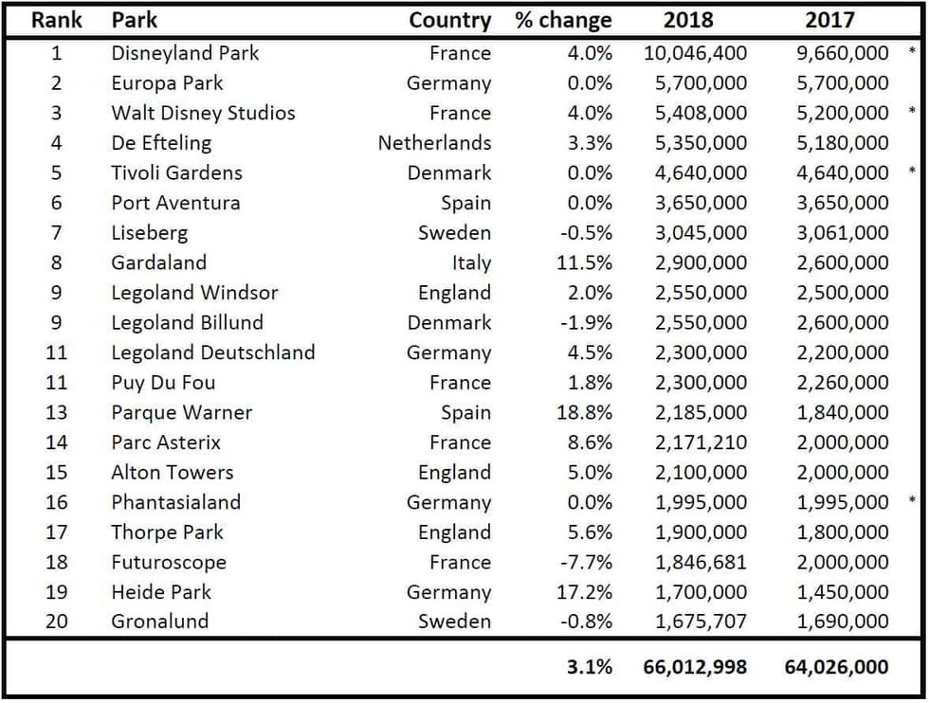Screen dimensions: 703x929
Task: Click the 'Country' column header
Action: pyautogui.click(x=449, y=20)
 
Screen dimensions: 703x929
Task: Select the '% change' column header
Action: pyautogui.click(x=563, y=20)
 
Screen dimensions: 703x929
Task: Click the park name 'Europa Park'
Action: pyautogui.click(x=167, y=82)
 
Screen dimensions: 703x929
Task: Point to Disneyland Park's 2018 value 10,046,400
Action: pyautogui.click(x=695, y=53)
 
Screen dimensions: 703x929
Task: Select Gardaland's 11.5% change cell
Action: pyautogui.click(x=588, y=262)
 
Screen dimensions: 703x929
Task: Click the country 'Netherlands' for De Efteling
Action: pyautogui.click(x=434, y=143)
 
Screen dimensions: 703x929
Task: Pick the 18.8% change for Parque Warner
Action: pyautogui.click(x=588, y=412)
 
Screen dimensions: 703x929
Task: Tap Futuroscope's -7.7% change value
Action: pyautogui.click(x=588, y=562)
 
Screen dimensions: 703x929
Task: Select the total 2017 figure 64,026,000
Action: pyautogui.click(x=836, y=667)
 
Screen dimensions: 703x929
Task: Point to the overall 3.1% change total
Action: pyautogui.click(x=590, y=667)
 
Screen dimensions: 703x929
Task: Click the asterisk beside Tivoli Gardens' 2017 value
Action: pyautogui.click(x=912, y=171)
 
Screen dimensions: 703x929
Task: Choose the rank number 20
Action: pyautogui.click(x=57, y=622)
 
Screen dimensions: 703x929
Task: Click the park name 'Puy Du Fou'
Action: pyautogui.click(x=163, y=383)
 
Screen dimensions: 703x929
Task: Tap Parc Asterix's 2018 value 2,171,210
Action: pyautogui.click(x=701, y=442)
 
